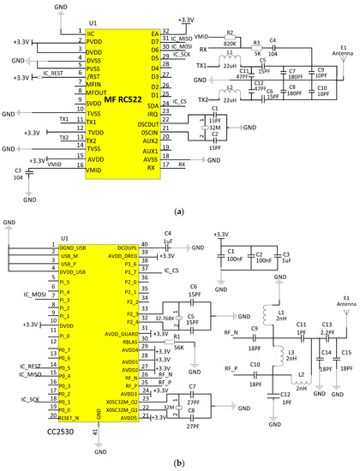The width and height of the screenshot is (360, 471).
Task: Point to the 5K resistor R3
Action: coord(256,50)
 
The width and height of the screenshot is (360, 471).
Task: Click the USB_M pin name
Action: coord(69,255)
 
